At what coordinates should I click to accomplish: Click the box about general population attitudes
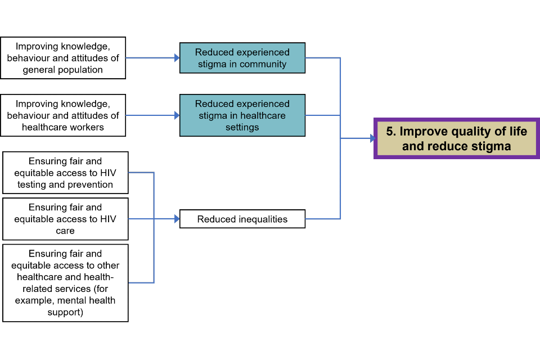(63, 58)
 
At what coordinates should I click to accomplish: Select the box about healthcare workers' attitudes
(63, 115)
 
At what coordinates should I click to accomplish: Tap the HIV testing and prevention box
(65, 173)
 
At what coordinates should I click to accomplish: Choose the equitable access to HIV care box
(65, 219)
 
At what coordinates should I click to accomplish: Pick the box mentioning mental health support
(65, 282)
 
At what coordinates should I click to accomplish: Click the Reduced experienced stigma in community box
(242, 58)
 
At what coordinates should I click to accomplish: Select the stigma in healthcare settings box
(242, 115)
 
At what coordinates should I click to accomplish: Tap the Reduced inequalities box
(242, 219)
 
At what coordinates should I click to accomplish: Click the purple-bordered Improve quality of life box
(457, 138)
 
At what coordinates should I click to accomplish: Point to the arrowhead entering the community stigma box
(177, 58)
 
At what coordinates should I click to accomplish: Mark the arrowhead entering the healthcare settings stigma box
(177, 115)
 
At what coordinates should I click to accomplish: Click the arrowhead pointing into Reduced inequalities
(177, 219)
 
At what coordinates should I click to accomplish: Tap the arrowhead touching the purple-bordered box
(372, 138)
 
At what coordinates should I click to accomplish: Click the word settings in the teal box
(242, 127)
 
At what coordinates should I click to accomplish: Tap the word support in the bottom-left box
(65, 312)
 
